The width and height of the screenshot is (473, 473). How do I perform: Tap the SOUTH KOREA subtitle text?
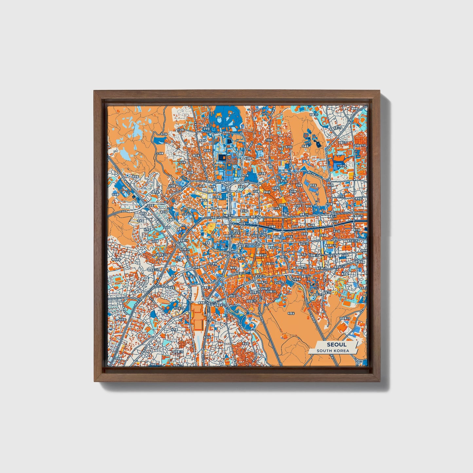[333, 351]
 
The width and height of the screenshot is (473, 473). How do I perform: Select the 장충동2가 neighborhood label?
[344, 318]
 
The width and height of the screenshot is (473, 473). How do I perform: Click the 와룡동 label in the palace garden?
[306, 146]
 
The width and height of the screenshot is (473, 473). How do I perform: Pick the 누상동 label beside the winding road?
[160, 153]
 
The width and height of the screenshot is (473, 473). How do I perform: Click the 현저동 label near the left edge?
[115, 194]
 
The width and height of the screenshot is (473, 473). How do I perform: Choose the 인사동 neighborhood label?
[277, 208]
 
